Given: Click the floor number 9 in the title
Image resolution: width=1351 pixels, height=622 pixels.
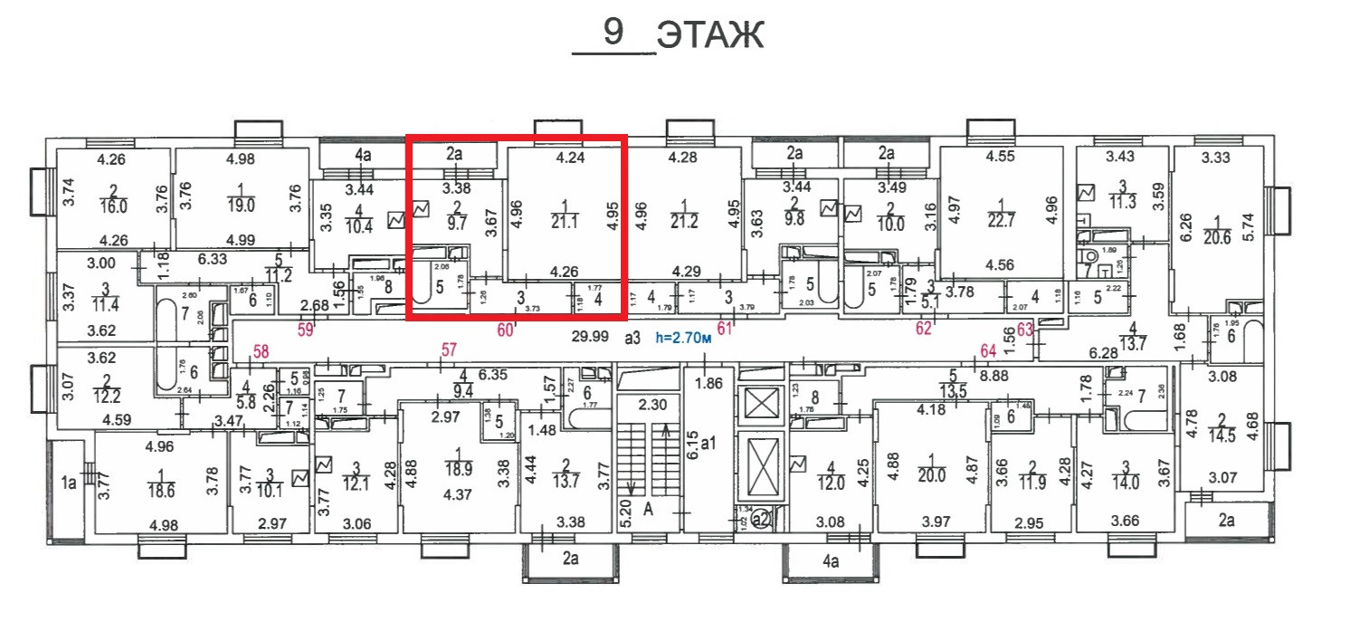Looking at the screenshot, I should click(x=614, y=33).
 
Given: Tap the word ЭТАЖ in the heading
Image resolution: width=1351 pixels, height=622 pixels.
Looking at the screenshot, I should click(x=710, y=35).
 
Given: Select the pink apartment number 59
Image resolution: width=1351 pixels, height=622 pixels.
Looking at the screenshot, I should click(x=306, y=330).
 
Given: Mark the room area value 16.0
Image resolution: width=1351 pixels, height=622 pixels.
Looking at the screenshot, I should click(x=114, y=206).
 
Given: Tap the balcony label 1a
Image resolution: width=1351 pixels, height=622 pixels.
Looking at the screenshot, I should click(x=69, y=483).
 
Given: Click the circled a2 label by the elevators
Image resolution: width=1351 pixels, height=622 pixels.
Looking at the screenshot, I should click(x=761, y=519).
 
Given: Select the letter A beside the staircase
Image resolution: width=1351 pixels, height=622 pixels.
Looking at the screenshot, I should click(x=648, y=510).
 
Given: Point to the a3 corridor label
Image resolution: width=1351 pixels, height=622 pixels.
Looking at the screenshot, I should click(x=632, y=338).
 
